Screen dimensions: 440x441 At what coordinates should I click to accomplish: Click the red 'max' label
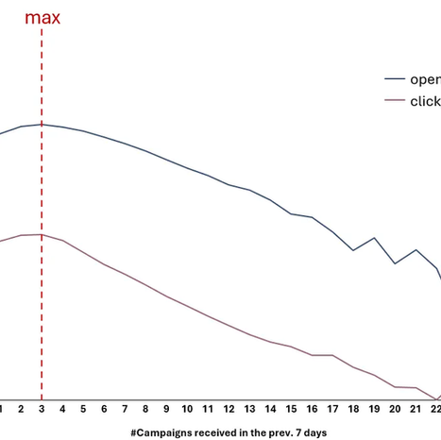(42, 17)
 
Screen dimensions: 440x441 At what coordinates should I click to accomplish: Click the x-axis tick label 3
(42, 409)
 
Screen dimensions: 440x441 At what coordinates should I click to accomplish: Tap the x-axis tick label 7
(125, 409)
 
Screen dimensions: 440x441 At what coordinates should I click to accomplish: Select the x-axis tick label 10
(187, 409)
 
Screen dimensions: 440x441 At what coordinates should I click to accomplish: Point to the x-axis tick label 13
(249, 409)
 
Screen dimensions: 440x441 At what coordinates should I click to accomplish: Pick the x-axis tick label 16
(312, 409)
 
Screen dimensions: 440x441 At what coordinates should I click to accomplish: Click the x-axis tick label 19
(374, 409)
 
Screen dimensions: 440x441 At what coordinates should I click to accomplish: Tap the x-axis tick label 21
(416, 409)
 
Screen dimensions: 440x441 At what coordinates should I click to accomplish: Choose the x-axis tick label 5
(83, 409)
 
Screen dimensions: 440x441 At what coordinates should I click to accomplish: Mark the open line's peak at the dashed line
(42, 124)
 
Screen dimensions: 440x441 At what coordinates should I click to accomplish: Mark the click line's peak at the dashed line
(42, 234)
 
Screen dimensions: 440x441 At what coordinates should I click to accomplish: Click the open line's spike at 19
(374, 238)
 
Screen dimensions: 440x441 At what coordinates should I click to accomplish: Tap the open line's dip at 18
(353, 250)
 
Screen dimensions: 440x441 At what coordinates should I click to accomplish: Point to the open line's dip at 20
(395, 262)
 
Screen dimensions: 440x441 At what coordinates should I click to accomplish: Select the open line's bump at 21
(416, 250)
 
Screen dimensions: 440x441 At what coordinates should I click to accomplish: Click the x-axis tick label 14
(270, 409)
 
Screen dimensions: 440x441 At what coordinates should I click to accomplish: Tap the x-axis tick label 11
(208, 409)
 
